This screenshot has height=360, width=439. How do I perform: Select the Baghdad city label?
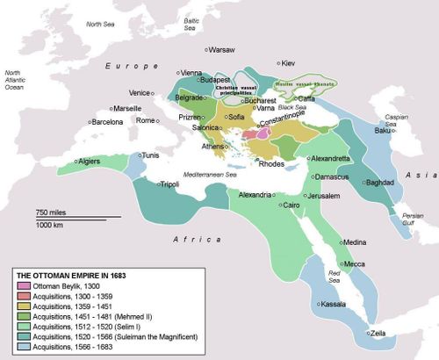[x=379, y=183]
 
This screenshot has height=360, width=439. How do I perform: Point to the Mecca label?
[x=355, y=263]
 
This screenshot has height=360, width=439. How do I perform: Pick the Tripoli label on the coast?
[x=167, y=184]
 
